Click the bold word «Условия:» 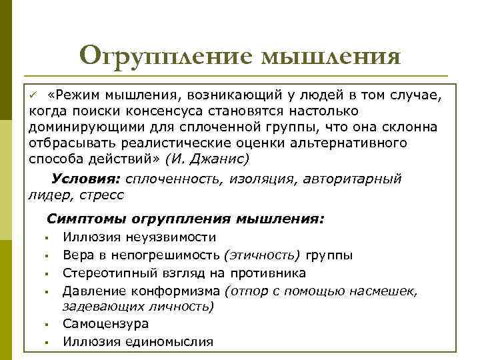pos(85,179)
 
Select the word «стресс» pos(101,195)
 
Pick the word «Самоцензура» pos(105,324)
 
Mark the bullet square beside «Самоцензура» pos(49,325)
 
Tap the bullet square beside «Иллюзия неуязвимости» pos(49,239)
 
